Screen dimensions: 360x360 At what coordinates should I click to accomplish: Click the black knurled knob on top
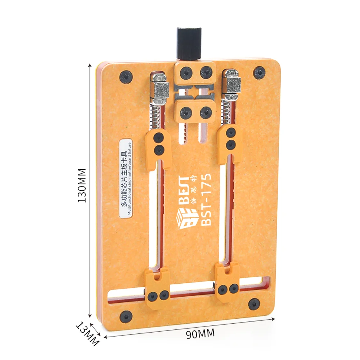[x=189, y=44]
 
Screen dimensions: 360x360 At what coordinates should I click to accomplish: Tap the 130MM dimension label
[x=82, y=185]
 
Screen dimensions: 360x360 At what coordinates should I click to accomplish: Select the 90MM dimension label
[x=200, y=334]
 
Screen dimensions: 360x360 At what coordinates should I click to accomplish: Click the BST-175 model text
[x=206, y=199]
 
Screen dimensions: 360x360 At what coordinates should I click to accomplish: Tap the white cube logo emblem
[x=187, y=219]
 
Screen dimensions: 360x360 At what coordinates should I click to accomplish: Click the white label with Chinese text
[x=126, y=178]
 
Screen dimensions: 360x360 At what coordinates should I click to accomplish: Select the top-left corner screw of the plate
[x=126, y=77]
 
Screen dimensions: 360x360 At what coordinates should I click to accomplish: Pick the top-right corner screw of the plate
[x=259, y=73]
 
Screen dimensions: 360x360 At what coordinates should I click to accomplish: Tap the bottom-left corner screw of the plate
[x=126, y=316]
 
